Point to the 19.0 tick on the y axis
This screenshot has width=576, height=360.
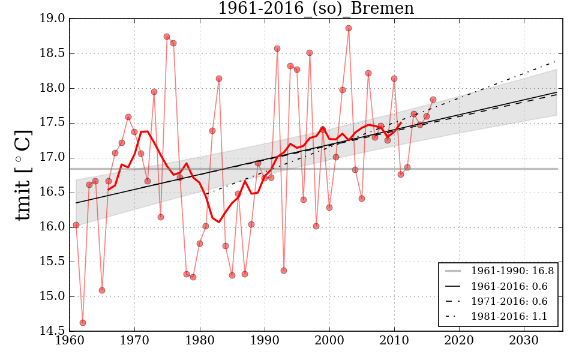coord(53,19)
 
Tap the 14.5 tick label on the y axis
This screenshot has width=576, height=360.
coord(53,331)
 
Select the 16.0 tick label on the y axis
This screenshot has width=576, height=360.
coord(53,227)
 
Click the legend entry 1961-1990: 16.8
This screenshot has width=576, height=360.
coord(512,271)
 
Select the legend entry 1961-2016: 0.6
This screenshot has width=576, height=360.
coord(512,286)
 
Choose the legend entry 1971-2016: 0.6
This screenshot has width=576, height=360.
coord(512,301)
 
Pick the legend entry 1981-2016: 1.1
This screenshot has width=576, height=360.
coord(512,316)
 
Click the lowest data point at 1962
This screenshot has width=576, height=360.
coord(83,323)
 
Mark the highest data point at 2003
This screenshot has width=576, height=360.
coord(349,28)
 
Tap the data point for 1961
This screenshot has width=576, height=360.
coord(76,225)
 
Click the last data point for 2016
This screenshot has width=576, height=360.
coord(433,100)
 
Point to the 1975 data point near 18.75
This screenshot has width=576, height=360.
coord(167,37)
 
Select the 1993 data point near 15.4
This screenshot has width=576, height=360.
coord(284,271)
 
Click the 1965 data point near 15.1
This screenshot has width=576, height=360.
coord(102,290)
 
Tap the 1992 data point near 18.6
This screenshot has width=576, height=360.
coord(277,49)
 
